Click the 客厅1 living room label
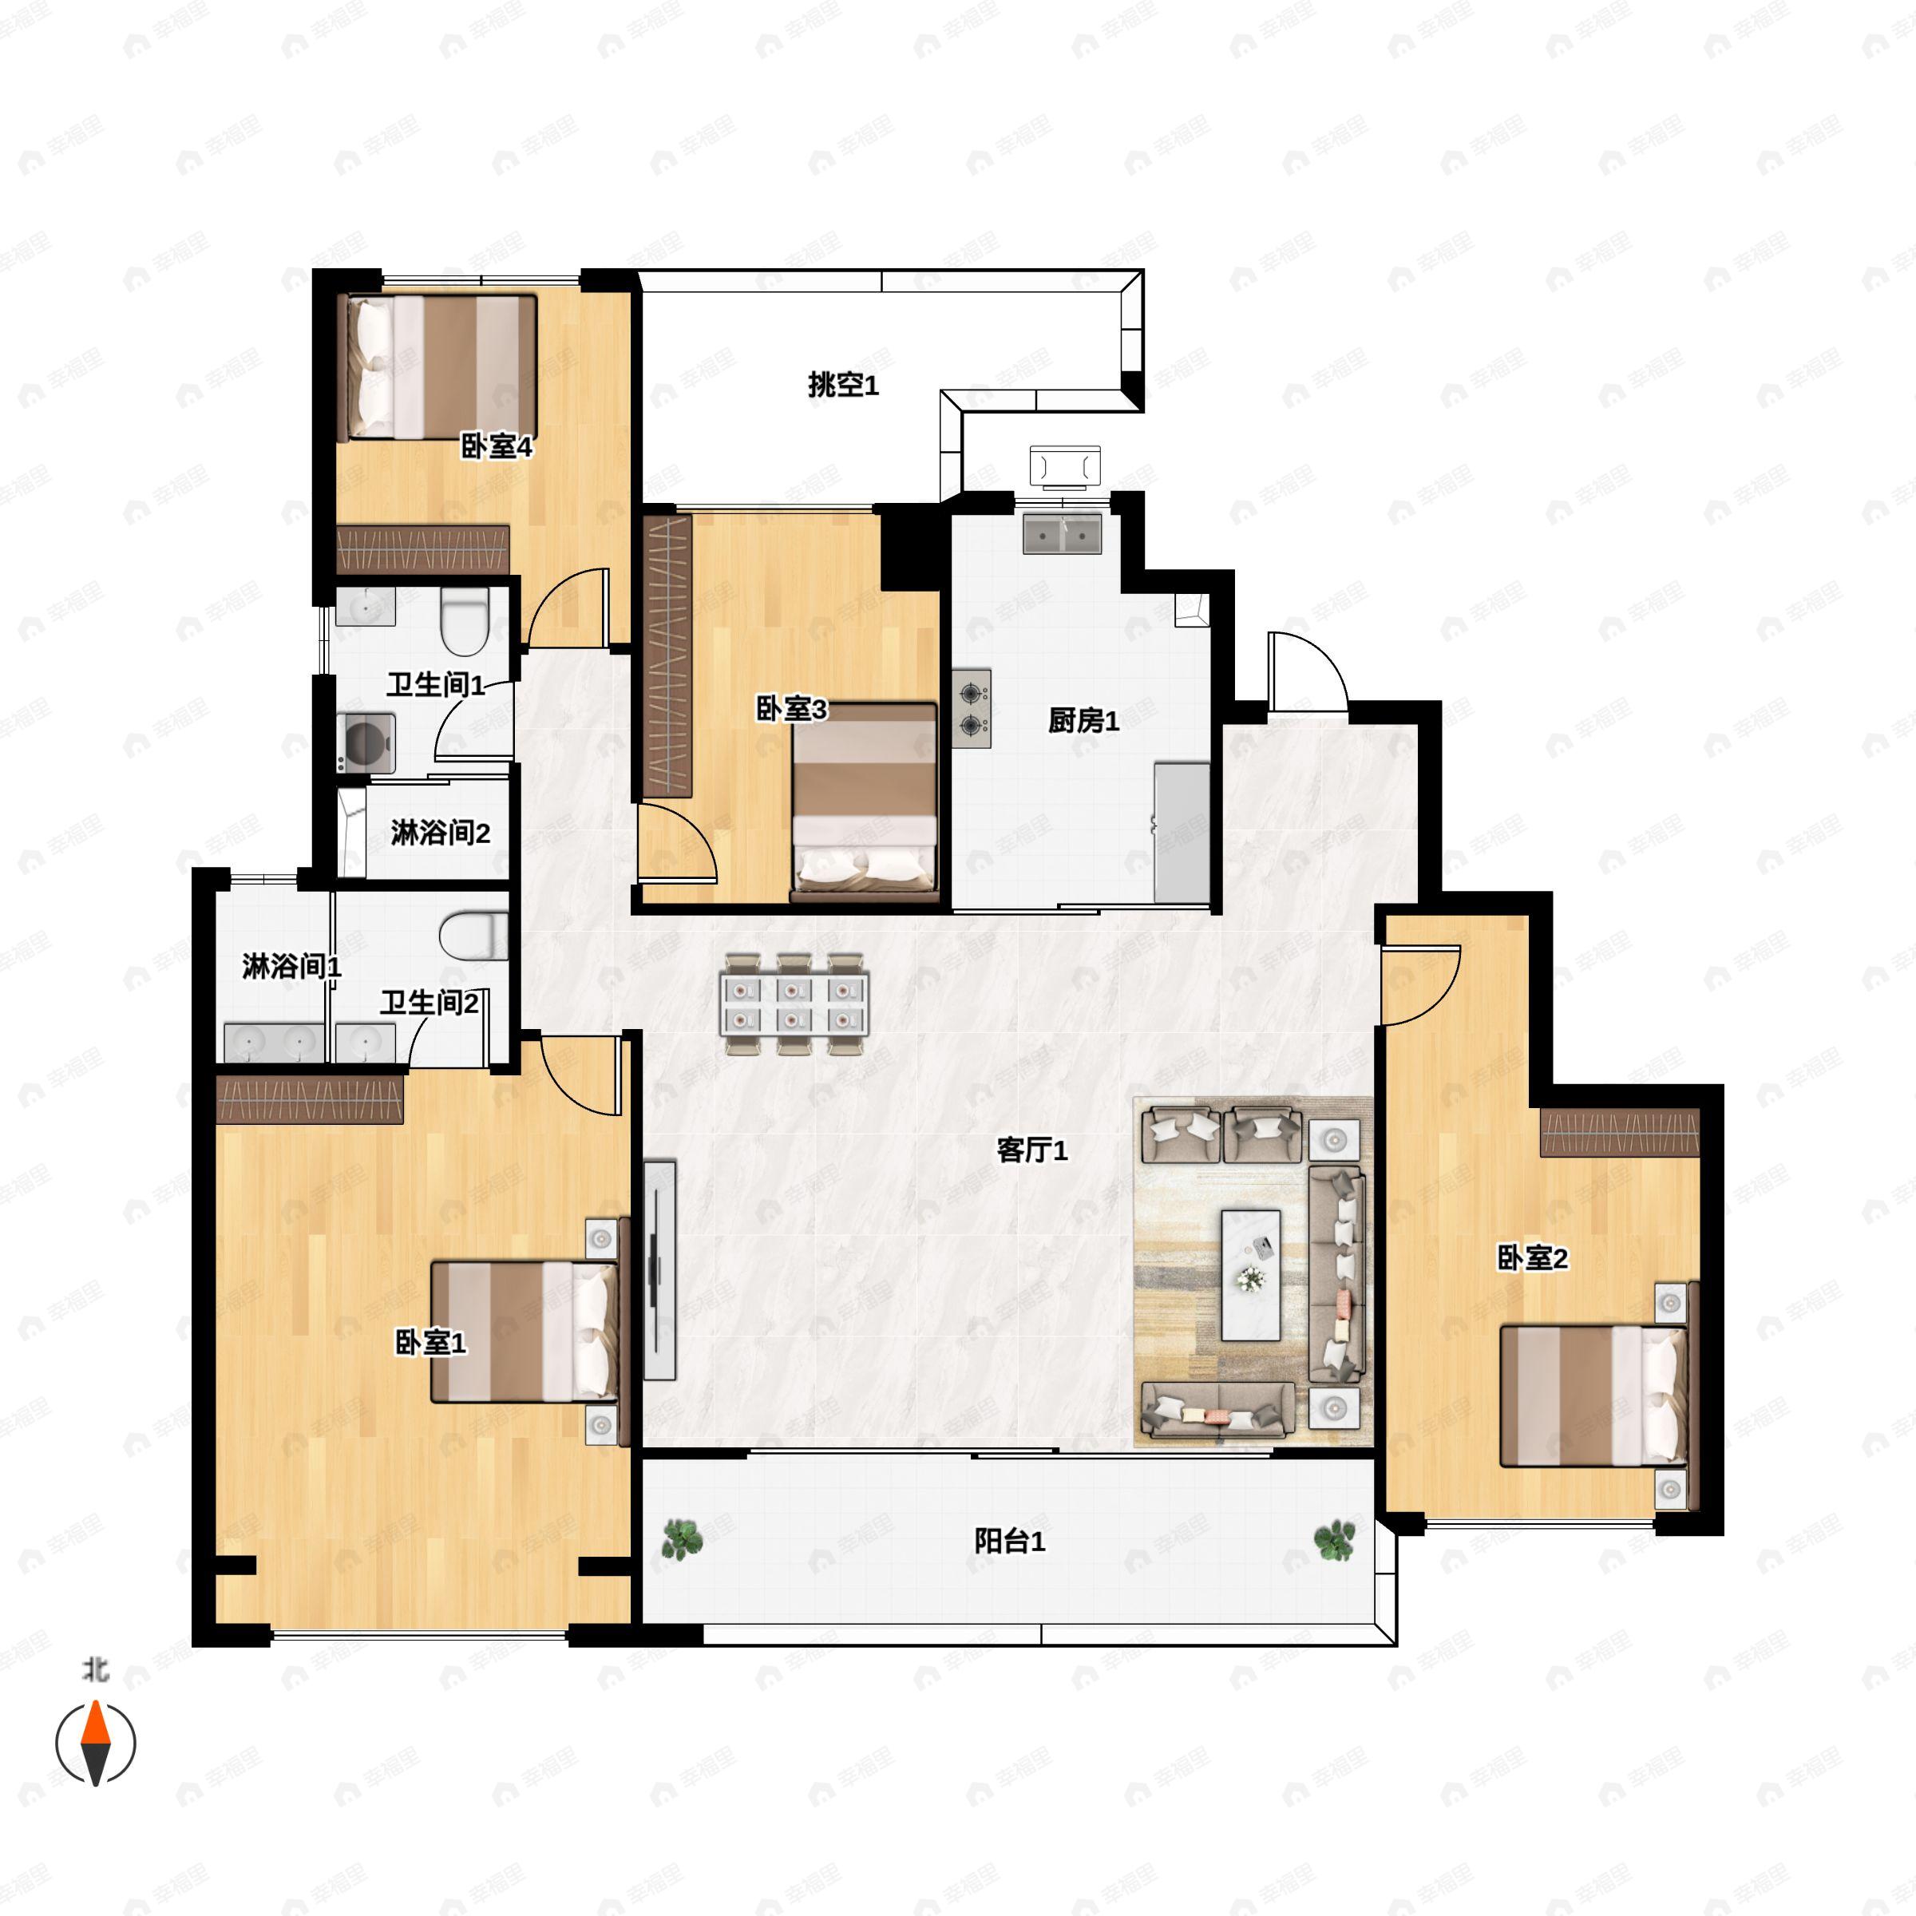point(1031,1150)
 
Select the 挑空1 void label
point(843,385)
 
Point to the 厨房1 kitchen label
point(1083,721)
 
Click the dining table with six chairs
point(794,1004)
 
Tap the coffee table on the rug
point(1250,1274)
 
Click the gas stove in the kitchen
point(972,708)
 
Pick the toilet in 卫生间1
point(464,622)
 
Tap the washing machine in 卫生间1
point(366,742)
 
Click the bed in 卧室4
point(437,367)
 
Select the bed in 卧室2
point(1593,1395)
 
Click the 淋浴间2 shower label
point(441,833)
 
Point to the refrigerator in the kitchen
point(1182,832)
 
